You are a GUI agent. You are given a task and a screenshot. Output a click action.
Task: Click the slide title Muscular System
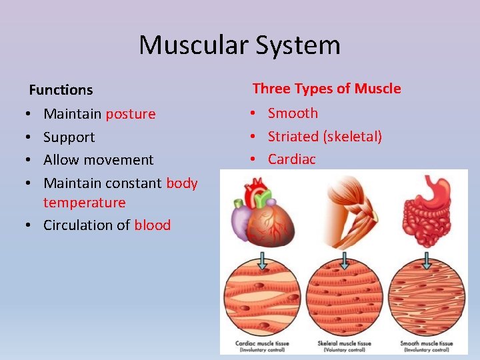click(239, 45)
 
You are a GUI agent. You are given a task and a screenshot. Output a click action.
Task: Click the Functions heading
click(61, 89)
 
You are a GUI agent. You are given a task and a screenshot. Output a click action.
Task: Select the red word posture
click(131, 114)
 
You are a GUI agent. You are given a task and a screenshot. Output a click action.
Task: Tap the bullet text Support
click(69, 137)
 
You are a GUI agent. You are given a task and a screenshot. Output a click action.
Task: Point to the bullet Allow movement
click(98, 160)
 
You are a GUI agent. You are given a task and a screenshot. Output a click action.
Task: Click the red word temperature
click(84, 203)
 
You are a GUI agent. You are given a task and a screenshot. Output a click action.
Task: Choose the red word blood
click(152, 225)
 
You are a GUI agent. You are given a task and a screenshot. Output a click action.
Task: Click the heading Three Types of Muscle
click(327, 89)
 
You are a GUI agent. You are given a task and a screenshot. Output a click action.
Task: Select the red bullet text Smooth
click(293, 113)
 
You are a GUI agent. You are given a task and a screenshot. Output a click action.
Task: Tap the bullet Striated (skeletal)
click(325, 137)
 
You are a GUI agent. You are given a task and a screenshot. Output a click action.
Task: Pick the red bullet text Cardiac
click(291, 159)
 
